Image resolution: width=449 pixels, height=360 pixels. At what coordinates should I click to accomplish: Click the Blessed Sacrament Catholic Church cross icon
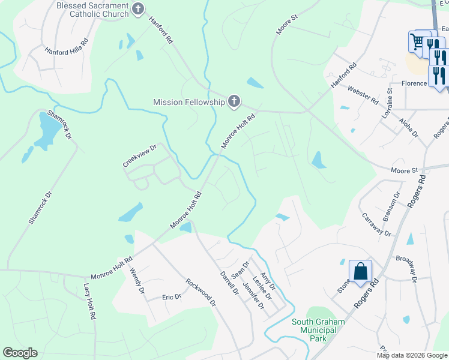click(139, 9)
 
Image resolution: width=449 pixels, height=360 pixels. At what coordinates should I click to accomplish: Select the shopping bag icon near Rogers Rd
click(360, 271)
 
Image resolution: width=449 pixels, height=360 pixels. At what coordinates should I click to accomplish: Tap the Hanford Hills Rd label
click(67, 47)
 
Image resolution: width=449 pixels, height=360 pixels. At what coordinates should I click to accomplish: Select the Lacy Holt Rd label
click(90, 301)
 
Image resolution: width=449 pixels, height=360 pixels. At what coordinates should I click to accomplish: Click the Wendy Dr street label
click(137, 281)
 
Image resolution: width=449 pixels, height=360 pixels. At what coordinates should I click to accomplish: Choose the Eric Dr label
click(172, 297)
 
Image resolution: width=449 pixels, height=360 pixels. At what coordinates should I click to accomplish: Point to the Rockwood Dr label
click(200, 292)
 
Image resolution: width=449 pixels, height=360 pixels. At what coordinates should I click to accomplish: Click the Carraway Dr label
click(376, 224)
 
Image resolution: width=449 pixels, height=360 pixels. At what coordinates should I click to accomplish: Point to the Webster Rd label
click(363, 93)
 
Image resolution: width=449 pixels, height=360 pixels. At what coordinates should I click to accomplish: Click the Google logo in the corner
click(20, 353)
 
